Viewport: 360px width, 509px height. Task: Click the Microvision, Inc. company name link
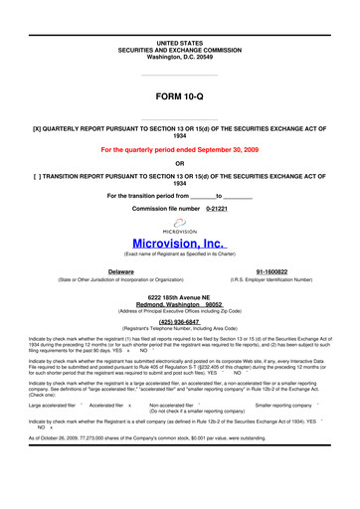pos(179,243)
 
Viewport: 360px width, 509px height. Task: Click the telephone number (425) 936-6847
pos(179,321)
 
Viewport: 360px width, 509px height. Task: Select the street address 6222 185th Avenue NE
pos(179,297)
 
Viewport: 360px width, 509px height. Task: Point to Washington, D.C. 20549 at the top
pos(180,29)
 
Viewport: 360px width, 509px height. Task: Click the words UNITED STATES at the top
pos(180,15)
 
